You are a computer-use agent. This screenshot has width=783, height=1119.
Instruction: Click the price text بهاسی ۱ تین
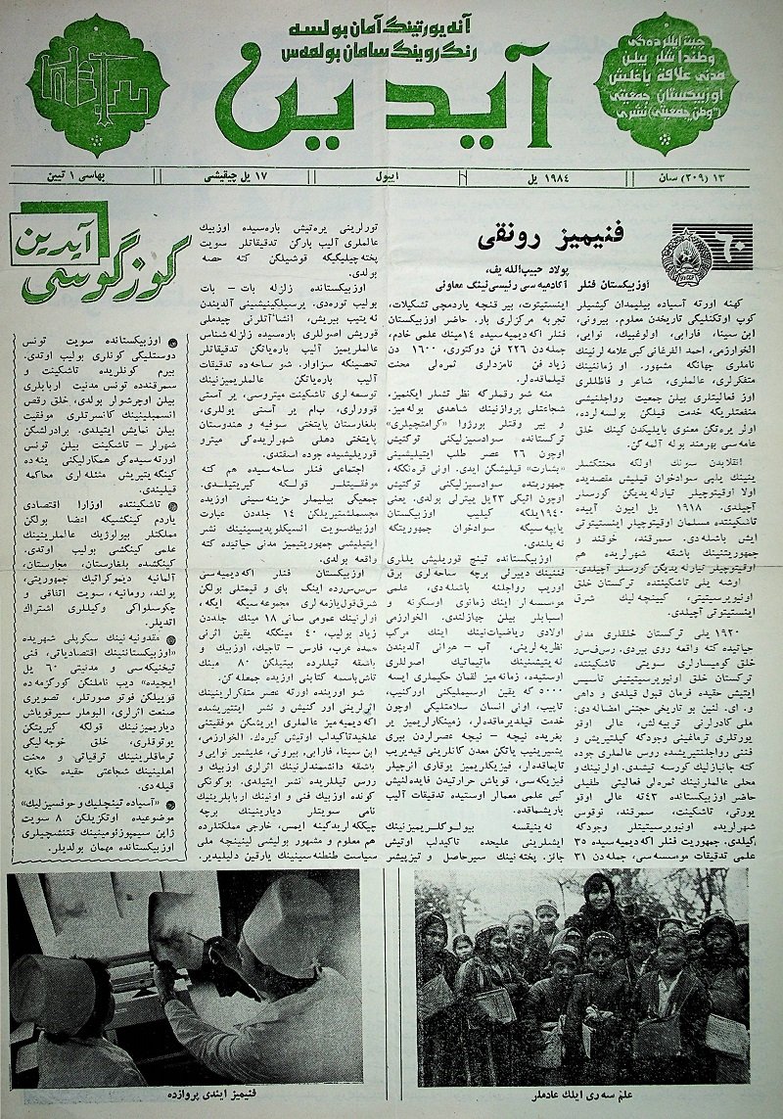tap(59, 178)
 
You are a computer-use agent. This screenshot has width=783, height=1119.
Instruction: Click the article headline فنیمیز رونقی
tap(549, 239)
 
